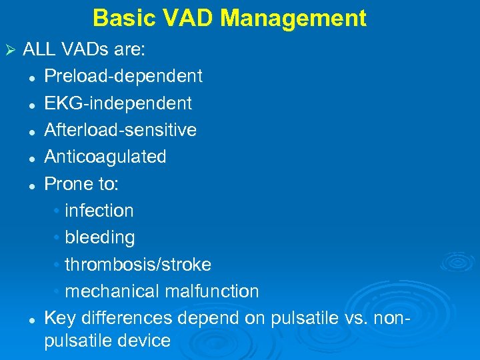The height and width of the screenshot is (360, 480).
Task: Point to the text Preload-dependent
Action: pyautogui.click(x=123, y=77)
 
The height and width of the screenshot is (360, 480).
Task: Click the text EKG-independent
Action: pyautogui.click(x=118, y=103)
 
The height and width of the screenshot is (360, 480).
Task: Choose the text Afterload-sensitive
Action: pyautogui.click(x=121, y=130)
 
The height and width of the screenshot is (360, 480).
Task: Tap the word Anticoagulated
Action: pyautogui.click(x=105, y=157)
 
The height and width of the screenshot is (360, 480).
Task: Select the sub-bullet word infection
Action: pyautogui.click(x=99, y=211)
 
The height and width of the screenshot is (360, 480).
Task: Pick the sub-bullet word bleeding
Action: pyautogui.click(x=100, y=237)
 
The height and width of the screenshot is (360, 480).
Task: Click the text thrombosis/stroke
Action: pyautogui.click(x=138, y=265)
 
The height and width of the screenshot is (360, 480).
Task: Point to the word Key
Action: pyautogui.click(x=58, y=319)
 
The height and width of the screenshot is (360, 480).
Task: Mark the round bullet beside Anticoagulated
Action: pyautogui.click(x=31, y=158)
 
